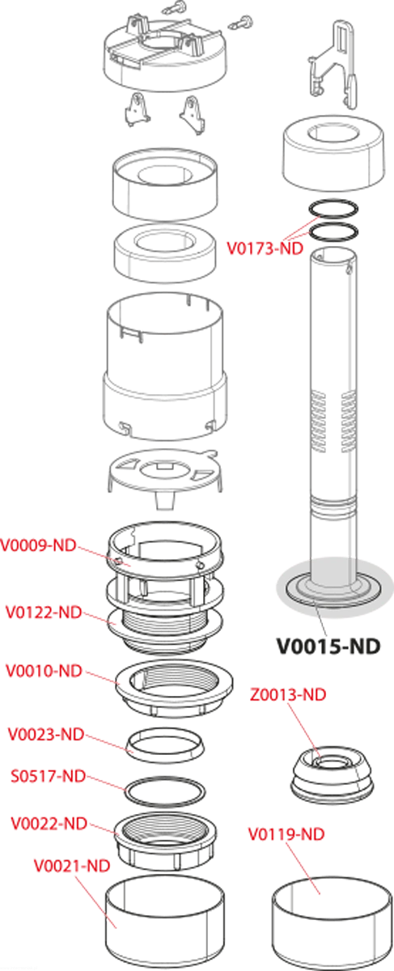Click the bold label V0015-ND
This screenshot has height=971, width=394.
click(x=328, y=647)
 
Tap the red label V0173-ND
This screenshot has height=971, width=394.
click(x=265, y=249)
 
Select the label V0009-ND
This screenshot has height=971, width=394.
click(x=38, y=545)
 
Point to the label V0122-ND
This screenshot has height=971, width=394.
click(x=44, y=613)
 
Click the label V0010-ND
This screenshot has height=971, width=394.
click(x=44, y=671)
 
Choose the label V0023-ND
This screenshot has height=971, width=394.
click(x=46, y=735)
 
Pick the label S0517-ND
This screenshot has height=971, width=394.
click(x=48, y=776)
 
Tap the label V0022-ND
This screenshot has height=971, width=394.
click(x=49, y=823)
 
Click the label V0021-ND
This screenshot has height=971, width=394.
click(x=72, y=866)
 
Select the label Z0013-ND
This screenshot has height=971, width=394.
click(x=288, y=694)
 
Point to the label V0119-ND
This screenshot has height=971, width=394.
click(x=286, y=833)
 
